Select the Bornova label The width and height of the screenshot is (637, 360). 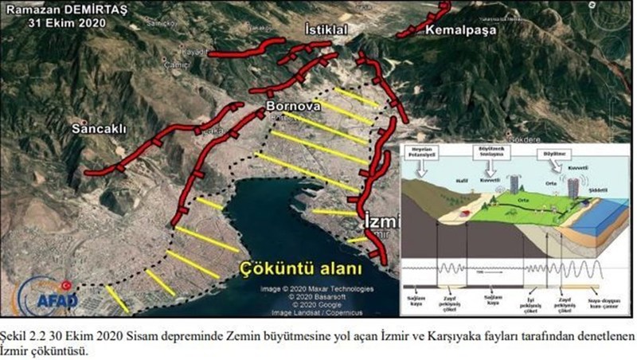(x=293, y=105)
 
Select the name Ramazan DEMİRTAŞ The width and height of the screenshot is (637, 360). (x=55, y=9)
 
